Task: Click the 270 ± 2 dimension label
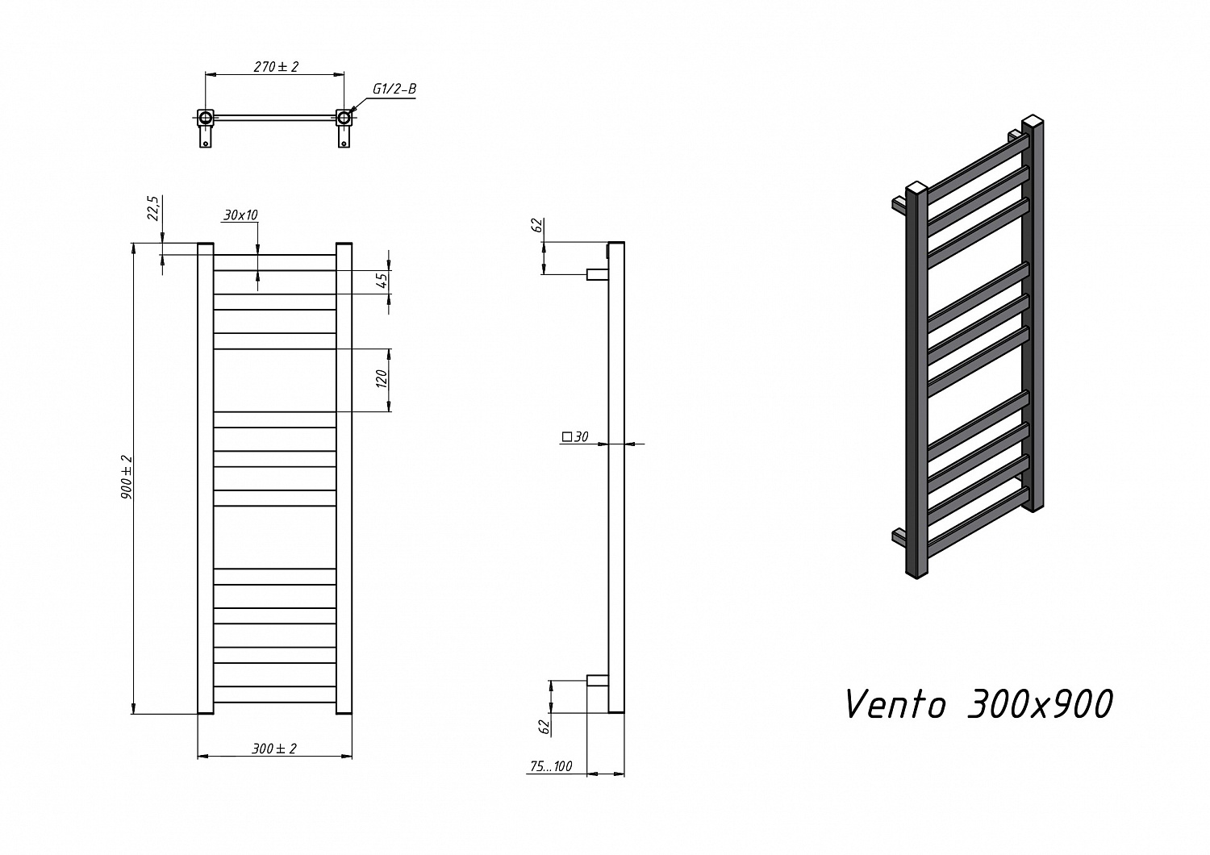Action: [x=276, y=67]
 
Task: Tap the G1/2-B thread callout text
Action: [x=394, y=89]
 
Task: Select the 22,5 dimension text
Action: [x=154, y=208]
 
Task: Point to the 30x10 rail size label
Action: [x=240, y=215]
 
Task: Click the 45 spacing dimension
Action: [x=382, y=281]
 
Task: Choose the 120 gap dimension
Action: [x=382, y=378]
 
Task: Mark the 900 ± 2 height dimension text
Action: [x=127, y=477]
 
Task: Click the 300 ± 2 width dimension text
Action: [x=274, y=749]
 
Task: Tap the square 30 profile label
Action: [x=574, y=436]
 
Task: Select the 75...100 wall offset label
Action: [x=551, y=766]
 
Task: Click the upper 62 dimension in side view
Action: [x=537, y=225]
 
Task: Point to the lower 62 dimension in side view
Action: [x=544, y=727]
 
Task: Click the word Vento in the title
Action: [x=895, y=705]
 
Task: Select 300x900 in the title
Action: [x=1040, y=705]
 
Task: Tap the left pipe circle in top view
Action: [x=206, y=117]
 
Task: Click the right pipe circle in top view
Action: [x=344, y=117]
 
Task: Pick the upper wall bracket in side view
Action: [x=598, y=275]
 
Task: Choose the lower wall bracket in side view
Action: [x=598, y=680]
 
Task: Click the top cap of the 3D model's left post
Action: [x=916, y=187]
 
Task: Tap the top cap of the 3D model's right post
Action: [x=1033, y=121]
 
